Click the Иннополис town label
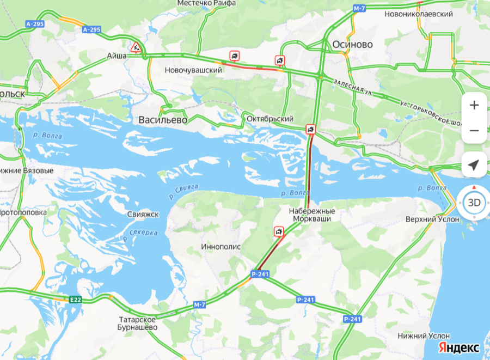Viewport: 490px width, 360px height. coord(221,247)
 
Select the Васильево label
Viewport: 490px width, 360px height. coord(163,120)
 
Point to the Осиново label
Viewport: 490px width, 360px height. coord(353,44)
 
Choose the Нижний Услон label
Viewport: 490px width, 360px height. coord(424,336)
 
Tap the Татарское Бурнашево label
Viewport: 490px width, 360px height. coord(138,324)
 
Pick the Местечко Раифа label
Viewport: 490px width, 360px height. coord(206,3)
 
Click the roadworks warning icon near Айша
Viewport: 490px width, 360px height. coord(136,47)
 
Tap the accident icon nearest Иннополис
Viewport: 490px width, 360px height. coord(279,232)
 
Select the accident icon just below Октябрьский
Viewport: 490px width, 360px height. coord(310,129)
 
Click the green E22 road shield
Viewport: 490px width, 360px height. coord(75,299)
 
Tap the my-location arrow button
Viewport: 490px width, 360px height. coord(474,165)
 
